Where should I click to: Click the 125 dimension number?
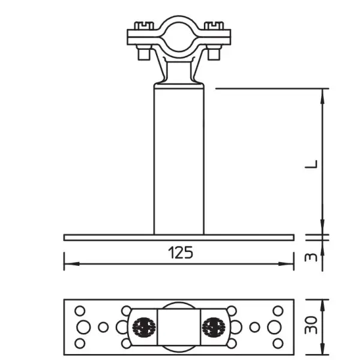point(181,253)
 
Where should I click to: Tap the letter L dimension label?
point(311,164)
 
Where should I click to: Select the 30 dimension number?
point(311,325)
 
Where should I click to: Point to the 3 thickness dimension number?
point(311,257)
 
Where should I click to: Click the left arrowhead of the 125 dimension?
point(71,263)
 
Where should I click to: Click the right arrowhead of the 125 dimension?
point(286,263)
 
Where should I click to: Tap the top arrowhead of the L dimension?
point(323,96)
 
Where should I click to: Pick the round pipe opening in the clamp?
point(179,37)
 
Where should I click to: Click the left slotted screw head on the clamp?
point(144,26)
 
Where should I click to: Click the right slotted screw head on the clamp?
point(214,26)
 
